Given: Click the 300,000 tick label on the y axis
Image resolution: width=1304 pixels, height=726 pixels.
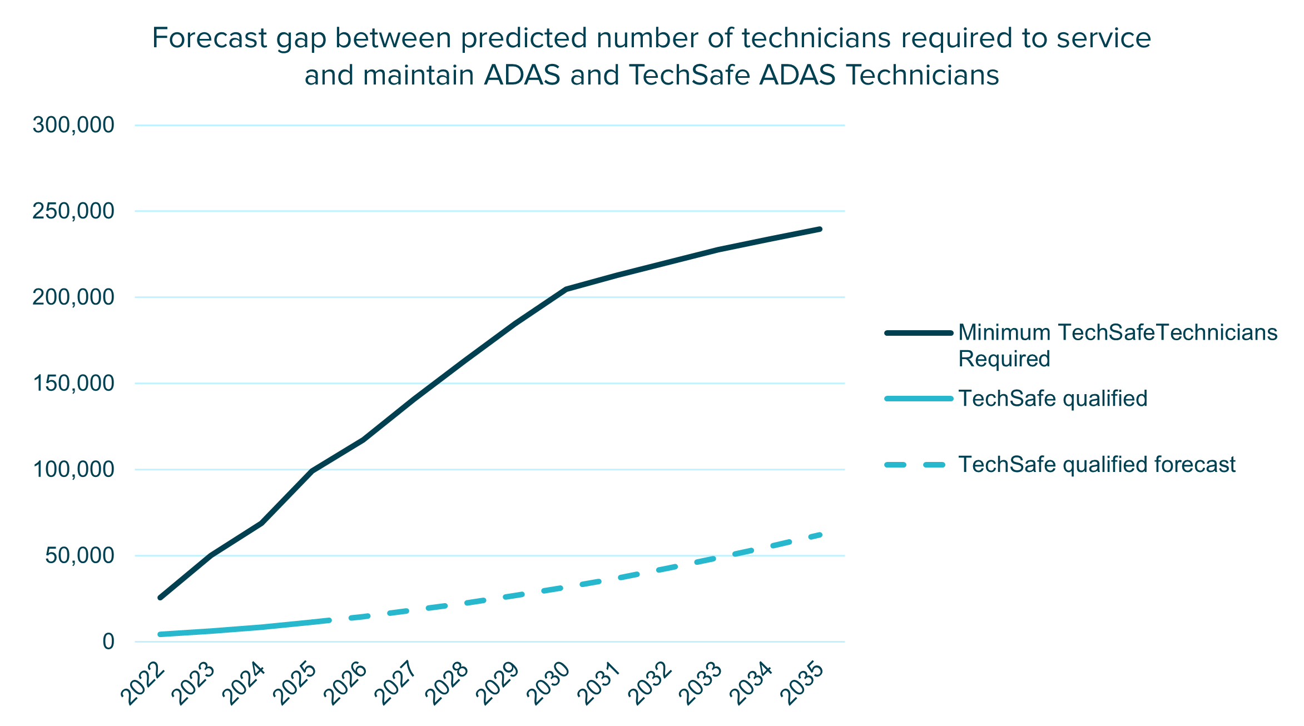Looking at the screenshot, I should click(73, 126).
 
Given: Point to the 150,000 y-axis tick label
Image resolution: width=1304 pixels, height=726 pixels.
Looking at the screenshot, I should click(73, 384).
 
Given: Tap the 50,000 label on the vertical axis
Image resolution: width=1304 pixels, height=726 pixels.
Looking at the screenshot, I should click(80, 556).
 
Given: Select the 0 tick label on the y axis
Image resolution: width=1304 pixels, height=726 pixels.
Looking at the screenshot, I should click(108, 642).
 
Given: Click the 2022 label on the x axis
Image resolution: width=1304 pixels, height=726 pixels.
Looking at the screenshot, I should click(143, 684).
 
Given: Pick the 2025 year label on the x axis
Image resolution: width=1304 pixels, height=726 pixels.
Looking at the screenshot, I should click(296, 684).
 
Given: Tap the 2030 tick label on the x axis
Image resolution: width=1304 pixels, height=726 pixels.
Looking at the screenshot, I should click(549, 684).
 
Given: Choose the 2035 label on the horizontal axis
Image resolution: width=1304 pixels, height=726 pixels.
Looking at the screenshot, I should click(803, 684).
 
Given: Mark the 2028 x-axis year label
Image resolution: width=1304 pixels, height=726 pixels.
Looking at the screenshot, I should click(448, 684).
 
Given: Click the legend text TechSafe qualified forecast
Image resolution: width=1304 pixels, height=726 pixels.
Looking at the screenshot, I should click(1097, 465).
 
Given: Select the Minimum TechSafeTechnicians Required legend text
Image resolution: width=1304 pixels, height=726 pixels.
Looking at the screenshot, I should click(1118, 345).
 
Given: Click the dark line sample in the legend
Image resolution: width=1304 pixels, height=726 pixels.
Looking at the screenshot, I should click(919, 333).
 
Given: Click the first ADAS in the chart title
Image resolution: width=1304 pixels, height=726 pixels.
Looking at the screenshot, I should click(522, 75).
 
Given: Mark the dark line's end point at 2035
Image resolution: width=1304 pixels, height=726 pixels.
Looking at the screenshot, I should click(820, 229).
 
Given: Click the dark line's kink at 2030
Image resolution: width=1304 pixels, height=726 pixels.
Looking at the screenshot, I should click(566, 289).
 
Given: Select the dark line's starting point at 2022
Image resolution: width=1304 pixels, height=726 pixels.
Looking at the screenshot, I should click(160, 598).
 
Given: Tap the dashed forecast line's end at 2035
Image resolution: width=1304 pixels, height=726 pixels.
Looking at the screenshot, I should click(820, 535).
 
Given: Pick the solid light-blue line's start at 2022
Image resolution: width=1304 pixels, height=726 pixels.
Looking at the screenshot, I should click(160, 634).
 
